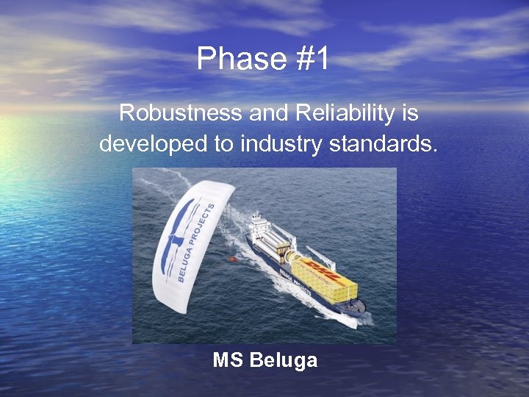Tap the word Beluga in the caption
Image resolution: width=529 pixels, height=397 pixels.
point(284,361)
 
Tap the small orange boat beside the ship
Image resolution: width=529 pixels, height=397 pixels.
point(232,259)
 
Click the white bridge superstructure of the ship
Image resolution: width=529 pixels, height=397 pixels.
point(258,225)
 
